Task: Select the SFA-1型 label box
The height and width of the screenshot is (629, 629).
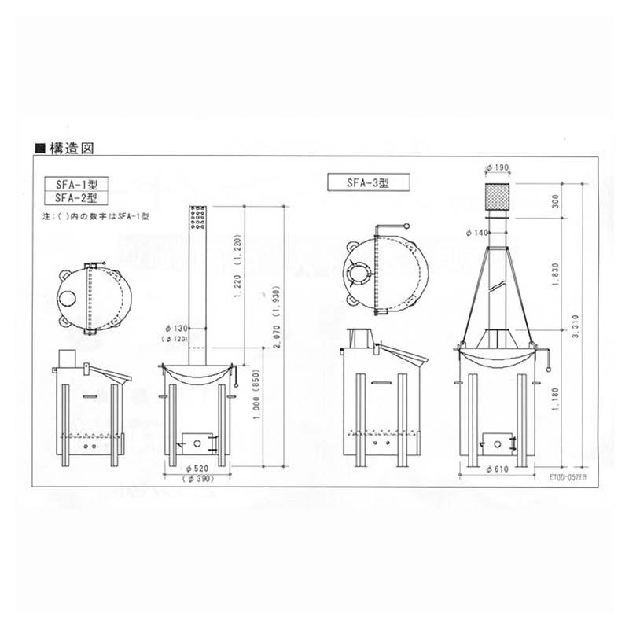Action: pos(75,186)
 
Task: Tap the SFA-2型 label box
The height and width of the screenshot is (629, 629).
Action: pos(75,198)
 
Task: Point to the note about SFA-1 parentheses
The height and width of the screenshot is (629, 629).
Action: pos(95,215)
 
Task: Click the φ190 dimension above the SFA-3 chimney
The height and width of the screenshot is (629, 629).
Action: pos(498,167)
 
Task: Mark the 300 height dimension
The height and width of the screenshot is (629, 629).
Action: pos(557,202)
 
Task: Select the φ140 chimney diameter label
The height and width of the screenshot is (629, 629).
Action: pos(477,233)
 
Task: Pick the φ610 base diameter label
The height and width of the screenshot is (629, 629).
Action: pos(498,469)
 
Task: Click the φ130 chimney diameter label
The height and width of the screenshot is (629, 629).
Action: pos(177,327)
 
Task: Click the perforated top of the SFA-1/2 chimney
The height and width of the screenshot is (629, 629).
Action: pos(197,215)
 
